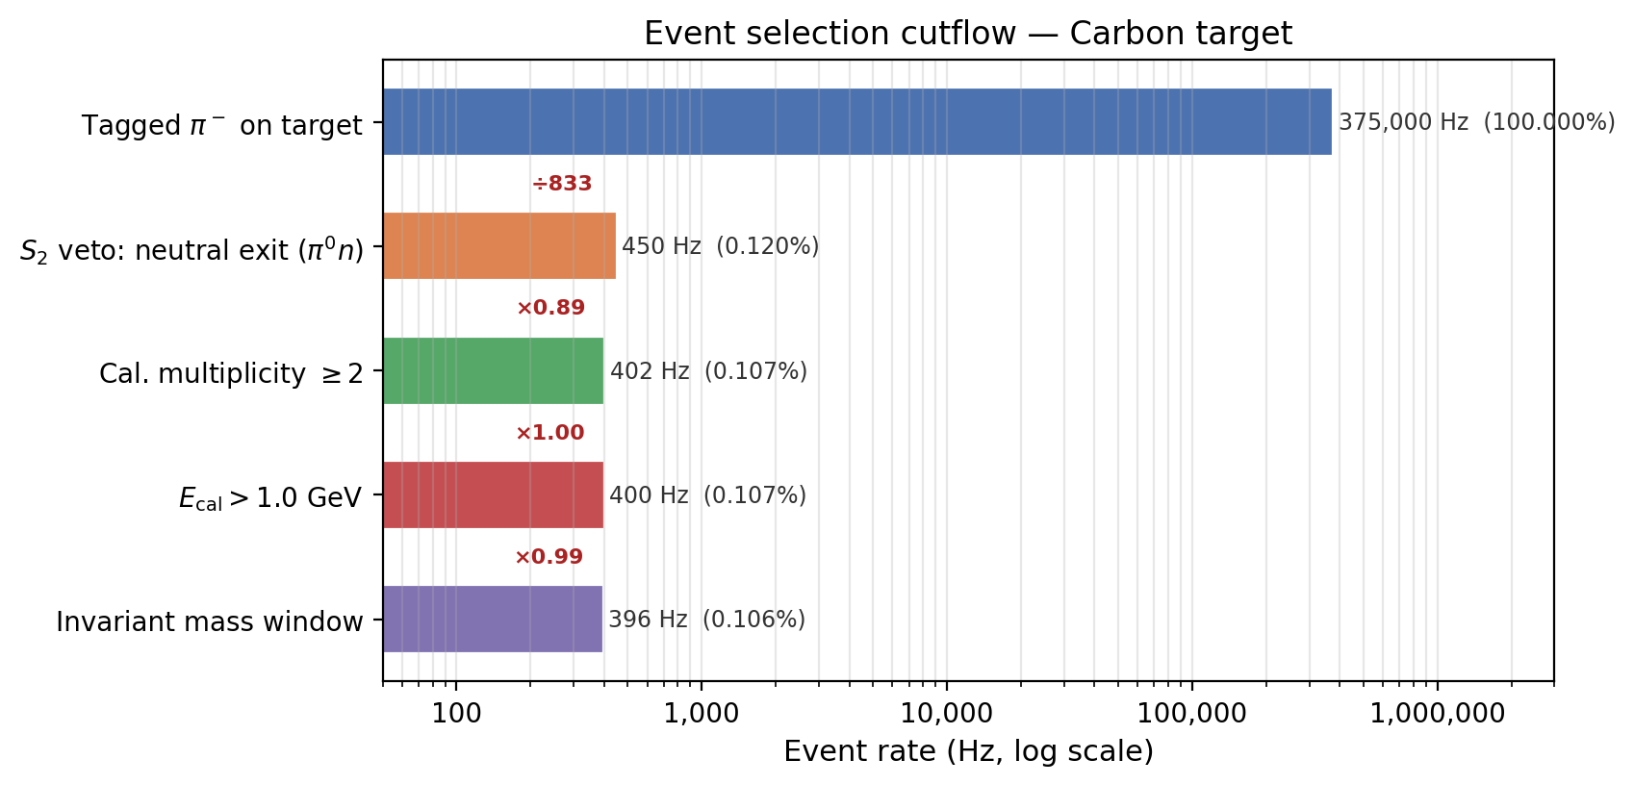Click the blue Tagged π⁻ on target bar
[x=856, y=122]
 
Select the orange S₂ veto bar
[x=498, y=246]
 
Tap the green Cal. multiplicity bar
[x=493, y=371]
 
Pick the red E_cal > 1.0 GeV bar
[x=493, y=495]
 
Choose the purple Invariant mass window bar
[x=492, y=620]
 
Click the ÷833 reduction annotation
[x=562, y=184]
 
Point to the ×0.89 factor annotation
[x=550, y=308]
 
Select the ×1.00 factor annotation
[x=549, y=433]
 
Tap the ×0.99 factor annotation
[x=549, y=557]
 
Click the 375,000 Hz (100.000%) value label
[x=1476, y=122]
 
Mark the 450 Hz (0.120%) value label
[x=720, y=246]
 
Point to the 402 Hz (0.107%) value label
[x=708, y=371]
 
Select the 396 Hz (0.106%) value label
[x=706, y=620]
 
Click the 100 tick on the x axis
[x=455, y=714]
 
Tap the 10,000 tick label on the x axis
[x=946, y=714]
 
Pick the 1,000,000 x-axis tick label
[x=1438, y=714]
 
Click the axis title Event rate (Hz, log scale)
[x=968, y=751]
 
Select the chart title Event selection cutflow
[x=968, y=34]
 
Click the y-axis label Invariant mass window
[x=210, y=622]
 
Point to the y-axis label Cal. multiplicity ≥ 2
[x=231, y=373]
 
